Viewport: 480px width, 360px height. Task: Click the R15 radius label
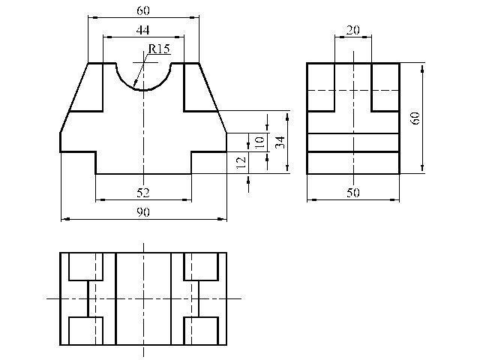click(158, 49)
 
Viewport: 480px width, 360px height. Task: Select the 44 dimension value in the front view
click(142, 30)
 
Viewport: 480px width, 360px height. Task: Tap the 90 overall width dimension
click(143, 211)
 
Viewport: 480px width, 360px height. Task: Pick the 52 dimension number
click(143, 193)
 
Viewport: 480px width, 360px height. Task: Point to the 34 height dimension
click(280, 142)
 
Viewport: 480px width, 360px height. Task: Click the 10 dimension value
click(259, 142)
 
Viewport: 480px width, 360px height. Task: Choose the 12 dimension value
click(241, 162)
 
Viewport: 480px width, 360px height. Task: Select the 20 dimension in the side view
click(353, 30)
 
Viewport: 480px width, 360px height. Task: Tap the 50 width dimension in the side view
click(353, 193)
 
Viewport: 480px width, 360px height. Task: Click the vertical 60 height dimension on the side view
click(415, 118)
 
